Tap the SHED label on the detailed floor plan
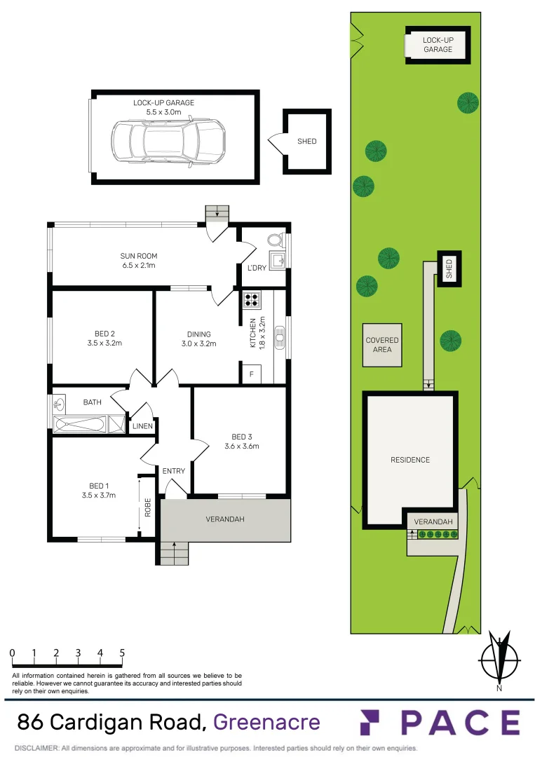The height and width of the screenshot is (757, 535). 307,142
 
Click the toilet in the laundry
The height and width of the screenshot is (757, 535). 275,240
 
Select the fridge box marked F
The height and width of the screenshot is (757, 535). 251,374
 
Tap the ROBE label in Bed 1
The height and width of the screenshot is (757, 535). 147,507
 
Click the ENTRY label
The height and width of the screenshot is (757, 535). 174,471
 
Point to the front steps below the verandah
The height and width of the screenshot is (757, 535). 174,554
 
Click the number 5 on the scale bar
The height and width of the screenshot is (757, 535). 122,653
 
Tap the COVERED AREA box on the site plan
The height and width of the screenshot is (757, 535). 382,345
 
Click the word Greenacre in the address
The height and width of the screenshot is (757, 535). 266,722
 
